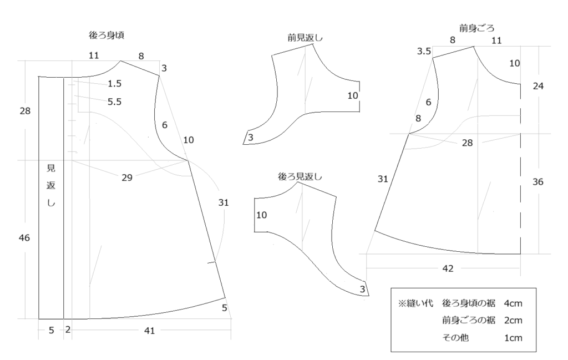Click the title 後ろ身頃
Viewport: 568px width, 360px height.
[x=106, y=36]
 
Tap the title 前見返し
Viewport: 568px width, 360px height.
[x=305, y=38]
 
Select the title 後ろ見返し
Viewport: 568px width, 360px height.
[x=300, y=177]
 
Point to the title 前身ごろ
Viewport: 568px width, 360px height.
[x=476, y=28]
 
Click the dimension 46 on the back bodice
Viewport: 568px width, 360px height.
[x=24, y=238]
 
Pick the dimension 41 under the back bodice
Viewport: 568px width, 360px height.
[x=150, y=330]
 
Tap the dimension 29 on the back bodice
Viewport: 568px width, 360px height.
[x=127, y=178]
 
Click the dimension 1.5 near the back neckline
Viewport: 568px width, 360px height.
[x=114, y=84]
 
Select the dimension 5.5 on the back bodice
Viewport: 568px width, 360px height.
[x=114, y=102]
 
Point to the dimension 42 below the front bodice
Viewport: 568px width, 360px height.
[x=448, y=268]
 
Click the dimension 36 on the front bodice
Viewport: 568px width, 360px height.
[x=538, y=182]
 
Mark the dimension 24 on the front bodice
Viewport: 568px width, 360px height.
[x=538, y=86]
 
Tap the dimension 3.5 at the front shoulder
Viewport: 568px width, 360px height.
[x=424, y=52]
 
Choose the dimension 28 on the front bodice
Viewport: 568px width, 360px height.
[x=467, y=143]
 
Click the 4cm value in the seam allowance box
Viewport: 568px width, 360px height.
[x=513, y=303]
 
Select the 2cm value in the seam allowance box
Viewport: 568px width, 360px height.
[x=513, y=321]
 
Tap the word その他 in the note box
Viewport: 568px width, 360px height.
[x=455, y=338]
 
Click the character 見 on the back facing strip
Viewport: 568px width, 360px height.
[x=51, y=168]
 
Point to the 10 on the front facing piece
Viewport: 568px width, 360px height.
[x=352, y=95]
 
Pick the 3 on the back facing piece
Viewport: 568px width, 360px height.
[x=362, y=290]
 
